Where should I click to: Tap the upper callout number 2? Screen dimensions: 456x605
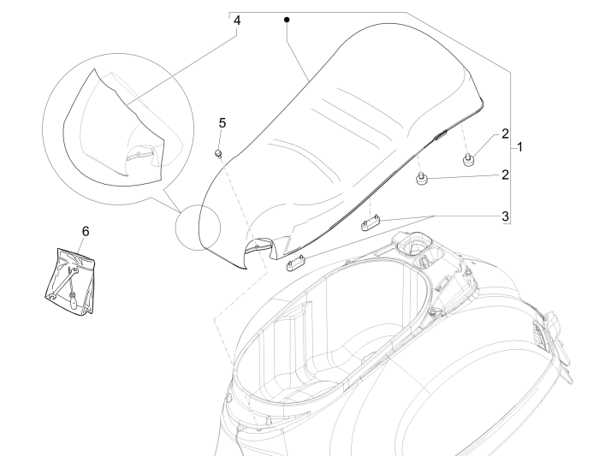(x=506, y=133)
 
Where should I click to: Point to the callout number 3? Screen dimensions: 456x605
(x=506, y=215)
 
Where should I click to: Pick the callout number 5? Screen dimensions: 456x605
(x=222, y=123)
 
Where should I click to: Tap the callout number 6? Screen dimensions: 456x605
(x=85, y=231)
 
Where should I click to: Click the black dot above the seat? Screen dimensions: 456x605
(x=288, y=19)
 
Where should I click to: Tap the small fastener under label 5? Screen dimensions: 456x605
(x=218, y=153)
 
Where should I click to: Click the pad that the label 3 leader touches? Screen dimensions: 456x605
(x=370, y=224)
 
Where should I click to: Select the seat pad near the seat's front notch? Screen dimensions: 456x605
(x=296, y=261)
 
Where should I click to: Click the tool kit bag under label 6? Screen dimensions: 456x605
(x=70, y=275)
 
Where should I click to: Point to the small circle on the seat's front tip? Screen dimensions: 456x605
(x=198, y=231)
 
